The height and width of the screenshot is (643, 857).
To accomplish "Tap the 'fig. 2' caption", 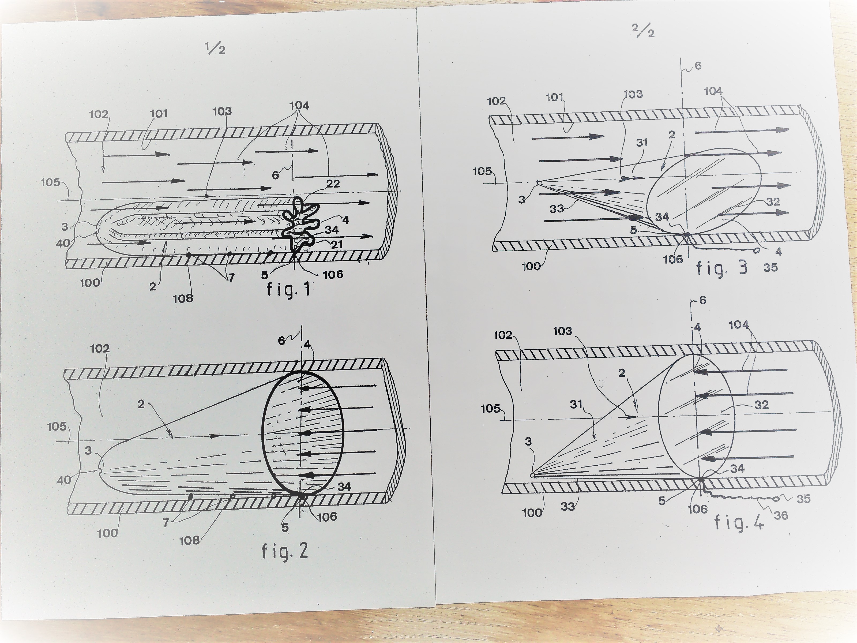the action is (285, 551).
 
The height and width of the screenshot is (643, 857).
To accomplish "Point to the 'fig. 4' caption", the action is (739, 522).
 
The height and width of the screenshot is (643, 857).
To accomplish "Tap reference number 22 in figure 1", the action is (333, 184).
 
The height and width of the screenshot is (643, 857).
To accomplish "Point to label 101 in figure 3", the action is (555, 97).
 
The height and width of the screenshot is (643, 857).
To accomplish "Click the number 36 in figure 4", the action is (781, 515).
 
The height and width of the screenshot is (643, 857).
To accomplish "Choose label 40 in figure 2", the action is (64, 480).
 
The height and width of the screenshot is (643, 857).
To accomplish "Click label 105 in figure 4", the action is (490, 409).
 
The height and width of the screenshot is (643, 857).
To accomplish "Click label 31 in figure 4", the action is (576, 404).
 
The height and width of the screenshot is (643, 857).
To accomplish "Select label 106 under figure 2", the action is (327, 516).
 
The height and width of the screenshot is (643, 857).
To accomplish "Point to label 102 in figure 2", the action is (100, 349).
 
